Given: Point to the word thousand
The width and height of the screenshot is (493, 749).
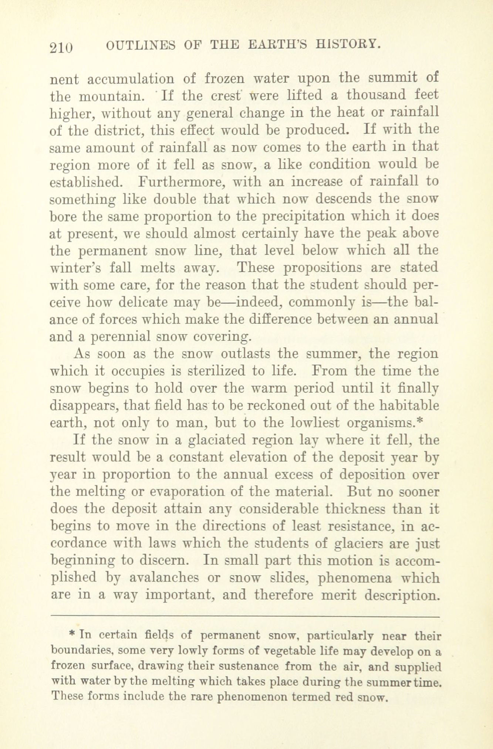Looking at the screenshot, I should (x=377, y=95).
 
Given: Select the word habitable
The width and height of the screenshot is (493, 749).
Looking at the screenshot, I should (x=411, y=406).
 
